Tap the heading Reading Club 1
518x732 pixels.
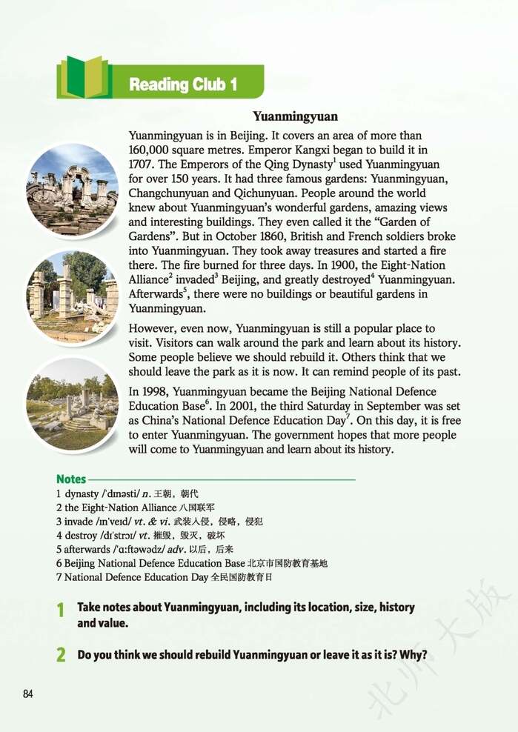pyautogui.click(x=183, y=84)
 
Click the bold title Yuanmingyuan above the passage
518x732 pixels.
pyautogui.click(x=295, y=116)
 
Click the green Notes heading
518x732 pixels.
pyautogui.click(x=71, y=479)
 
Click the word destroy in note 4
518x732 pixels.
pyautogui.click(x=79, y=535)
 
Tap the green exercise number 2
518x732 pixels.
pyautogui.click(x=61, y=655)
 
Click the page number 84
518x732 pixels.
pyautogui.click(x=28, y=694)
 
